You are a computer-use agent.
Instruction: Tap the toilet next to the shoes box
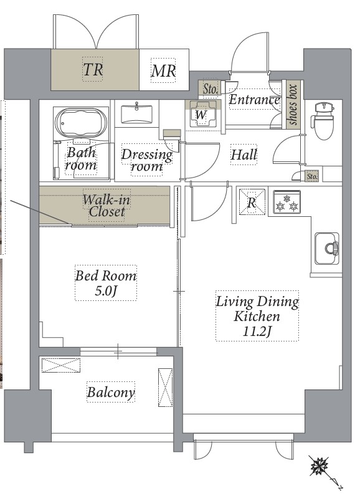[x=323, y=120]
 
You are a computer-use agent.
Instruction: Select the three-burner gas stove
[x=287, y=203]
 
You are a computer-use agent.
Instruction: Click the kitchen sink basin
[x=327, y=249]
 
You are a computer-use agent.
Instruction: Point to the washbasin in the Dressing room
[x=136, y=114]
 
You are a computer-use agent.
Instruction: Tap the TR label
[x=93, y=69]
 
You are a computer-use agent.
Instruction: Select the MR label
[x=163, y=70]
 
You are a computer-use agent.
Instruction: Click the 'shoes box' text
[x=293, y=105]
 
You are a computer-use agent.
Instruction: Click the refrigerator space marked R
[x=252, y=202]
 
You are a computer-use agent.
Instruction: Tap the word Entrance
[x=255, y=100]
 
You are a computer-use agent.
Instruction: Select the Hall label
[x=244, y=155]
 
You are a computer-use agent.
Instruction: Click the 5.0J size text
[x=106, y=291]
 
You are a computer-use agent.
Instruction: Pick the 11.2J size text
[x=257, y=331]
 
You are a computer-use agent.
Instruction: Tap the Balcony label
[x=111, y=392]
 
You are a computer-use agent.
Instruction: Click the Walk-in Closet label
[x=107, y=206]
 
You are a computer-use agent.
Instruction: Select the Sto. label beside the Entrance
[x=210, y=89]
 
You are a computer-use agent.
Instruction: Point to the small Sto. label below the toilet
[x=312, y=176]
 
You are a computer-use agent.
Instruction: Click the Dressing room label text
[x=146, y=160]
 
